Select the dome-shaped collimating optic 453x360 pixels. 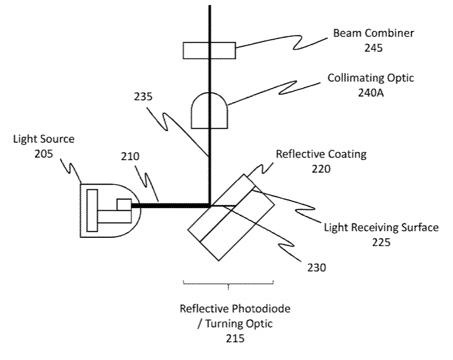pyautogui.click(x=209, y=111)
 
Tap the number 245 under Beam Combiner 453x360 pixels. pyautogui.click(x=373, y=47)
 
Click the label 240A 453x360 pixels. pyautogui.click(x=371, y=93)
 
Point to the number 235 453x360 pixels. pyautogui.click(x=143, y=97)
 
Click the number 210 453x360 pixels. pyautogui.click(x=130, y=156)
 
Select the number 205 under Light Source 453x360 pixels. pyautogui.click(x=44, y=153)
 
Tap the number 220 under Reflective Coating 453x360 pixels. pyautogui.click(x=321, y=169)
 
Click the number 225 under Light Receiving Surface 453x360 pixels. pyautogui.click(x=381, y=242)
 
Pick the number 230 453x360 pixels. pyautogui.click(x=316, y=267)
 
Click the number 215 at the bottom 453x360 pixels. pyautogui.click(x=235, y=338)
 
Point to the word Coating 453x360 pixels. pyautogui.click(x=347, y=154)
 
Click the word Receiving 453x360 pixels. pyautogui.click(x=366, y=227)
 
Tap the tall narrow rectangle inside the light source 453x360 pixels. pyautogui.click(x=92, y=210)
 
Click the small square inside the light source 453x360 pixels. pyautogui.click(x=124, y=205)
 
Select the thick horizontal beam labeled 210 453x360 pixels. pyautogui.click(x=170, y=206)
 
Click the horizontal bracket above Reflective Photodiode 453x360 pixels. pyautogui.click(x=228, y=284)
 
